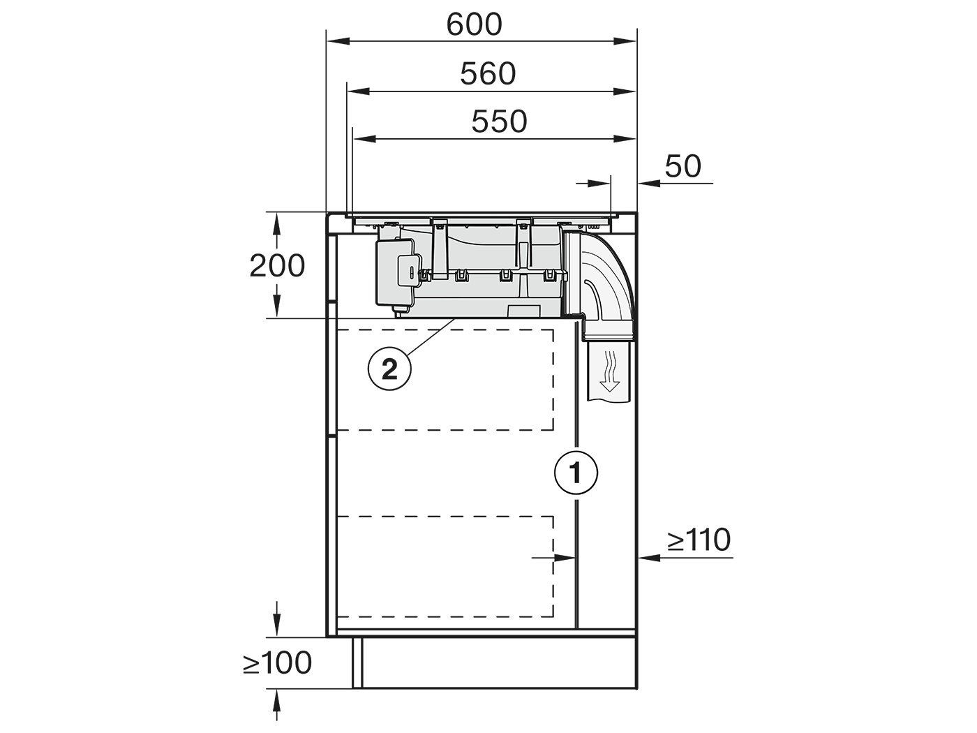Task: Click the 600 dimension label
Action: pyautogui.click(x=474, y=25)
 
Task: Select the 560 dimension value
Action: pyautogui.click(x=488, y=74)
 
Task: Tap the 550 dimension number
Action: pyautogui.click(x=500, y=121)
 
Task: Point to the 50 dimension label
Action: pyautogui.click(x=683, y=166)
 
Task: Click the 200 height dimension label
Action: pyautogui.click(x=277, y=266)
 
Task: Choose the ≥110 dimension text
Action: pyautogui.click(x=699, y=540)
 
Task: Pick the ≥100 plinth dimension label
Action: pyautogui.click(x=277, y=662)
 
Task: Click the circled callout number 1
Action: pyautogui.click(x=576, y=473)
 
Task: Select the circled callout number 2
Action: pyautogui.click(x=389, y=369)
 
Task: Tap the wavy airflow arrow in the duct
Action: pyautogui.click(x=610, y=371)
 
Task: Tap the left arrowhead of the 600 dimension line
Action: pyautogui.click(x=337, y=41)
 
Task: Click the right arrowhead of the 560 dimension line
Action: pyautogui.click(x=625, y=91)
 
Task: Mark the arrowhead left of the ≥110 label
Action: pyautogui.click(x=648, y=557)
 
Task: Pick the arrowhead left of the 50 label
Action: pyautogui.click(x=648, y=183)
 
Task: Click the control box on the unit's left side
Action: pyautogui.click(x=396, y=274)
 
